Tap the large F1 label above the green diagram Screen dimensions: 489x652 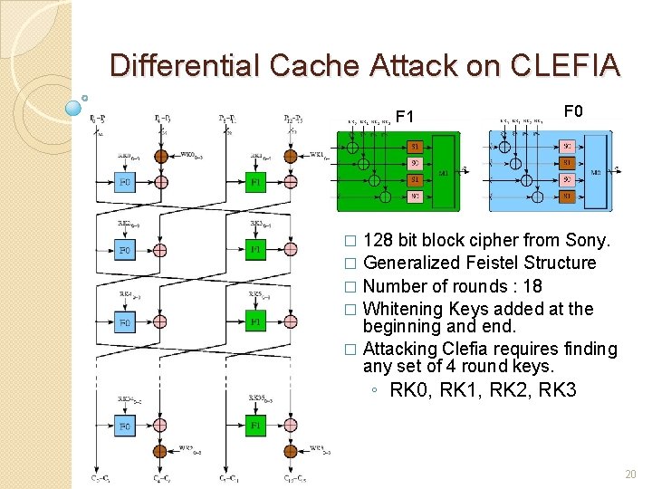point(405,117)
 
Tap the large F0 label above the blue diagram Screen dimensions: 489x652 point(573,111)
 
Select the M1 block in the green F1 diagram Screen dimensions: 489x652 point(444,172)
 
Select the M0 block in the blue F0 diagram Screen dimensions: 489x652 point(594,172)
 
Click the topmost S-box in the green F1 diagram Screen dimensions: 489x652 point(413,147)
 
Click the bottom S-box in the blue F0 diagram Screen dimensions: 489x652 point(566,195)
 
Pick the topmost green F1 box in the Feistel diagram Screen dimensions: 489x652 point(255,181)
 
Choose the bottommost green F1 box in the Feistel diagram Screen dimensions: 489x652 point(255,426)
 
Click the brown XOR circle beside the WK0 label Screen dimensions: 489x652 point(160,157)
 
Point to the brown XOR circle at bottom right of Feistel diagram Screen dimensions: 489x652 point(290,450)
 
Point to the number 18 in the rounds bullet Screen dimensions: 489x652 point(532,286)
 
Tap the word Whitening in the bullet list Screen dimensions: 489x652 point(404,309)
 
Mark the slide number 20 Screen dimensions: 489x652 point(630,475)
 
